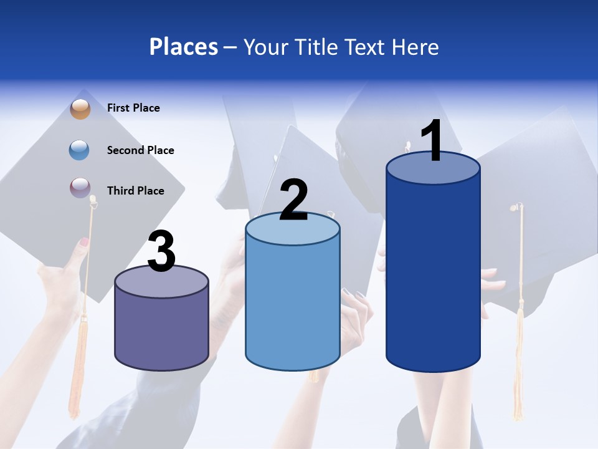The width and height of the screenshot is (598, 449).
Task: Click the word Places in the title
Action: pyautogui.click(x=184, y=47)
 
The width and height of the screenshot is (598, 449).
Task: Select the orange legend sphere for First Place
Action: pyautogui.click(x=80, y=109)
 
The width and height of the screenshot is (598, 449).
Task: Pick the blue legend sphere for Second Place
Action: pyautogui.click(x=80, y=150)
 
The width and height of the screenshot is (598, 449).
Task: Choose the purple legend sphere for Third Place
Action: pyautogui.click(x=80, y=188)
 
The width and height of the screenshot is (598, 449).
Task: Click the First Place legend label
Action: pyautogui.click(x=133, y=108)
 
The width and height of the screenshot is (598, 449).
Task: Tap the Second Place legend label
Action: pyautogui.click(x=140, y=150)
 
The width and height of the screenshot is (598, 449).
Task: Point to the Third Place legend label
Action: pyautogui.click(x=135, y=191)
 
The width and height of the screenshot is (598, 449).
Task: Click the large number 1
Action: pyautogui.click(x=432, y=141)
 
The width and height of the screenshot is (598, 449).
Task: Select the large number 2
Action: pyautogui.click(x=294, y=200)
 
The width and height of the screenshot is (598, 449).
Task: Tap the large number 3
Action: pyautogui.click(x=162, y=253)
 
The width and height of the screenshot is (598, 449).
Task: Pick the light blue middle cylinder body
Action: pyautogui.click(x=292, y=306)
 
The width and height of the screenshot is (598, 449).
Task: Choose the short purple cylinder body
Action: pyautogui.click(x=161, y=331)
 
